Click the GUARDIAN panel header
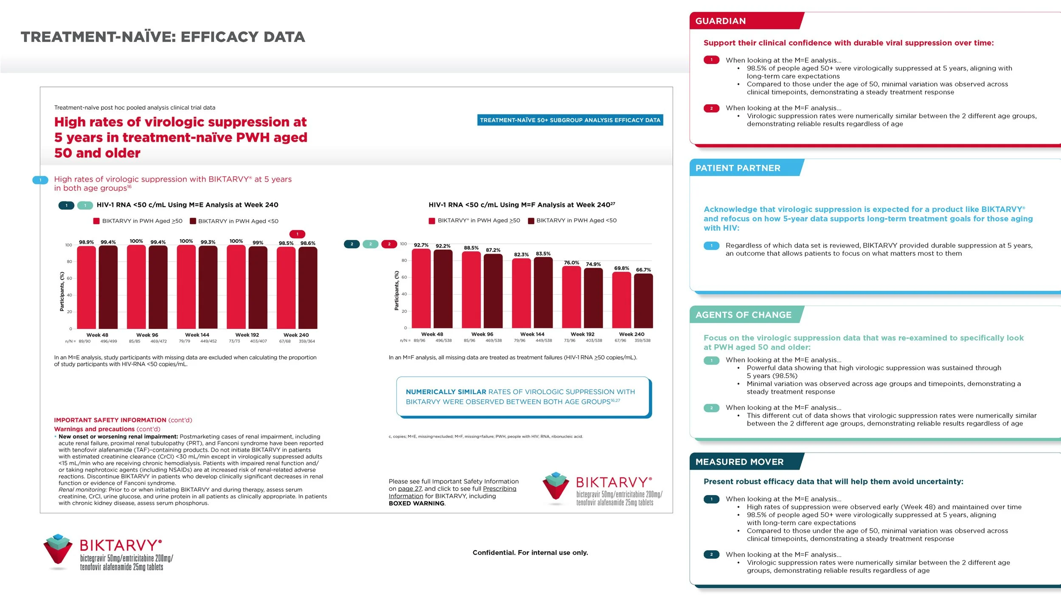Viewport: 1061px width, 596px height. (x=720, y=21)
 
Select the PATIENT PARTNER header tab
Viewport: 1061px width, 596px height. (x=738, y=168)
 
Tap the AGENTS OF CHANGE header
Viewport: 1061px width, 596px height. (x=743, y=315)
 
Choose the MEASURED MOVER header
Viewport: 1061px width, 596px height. (x=739, y=462)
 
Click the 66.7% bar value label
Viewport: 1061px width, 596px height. (x=643, y=270)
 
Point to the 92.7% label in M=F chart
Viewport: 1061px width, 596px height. (x=421, y=245)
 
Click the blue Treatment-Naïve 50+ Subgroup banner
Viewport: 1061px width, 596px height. (x=570, y=120)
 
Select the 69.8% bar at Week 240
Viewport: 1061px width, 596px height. (x=621, y=300)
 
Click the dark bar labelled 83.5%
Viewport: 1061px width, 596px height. (x=543, y=292)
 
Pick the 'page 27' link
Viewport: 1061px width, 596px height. (x=410, y=489)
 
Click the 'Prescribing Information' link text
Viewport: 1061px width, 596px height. (x=500, y=489)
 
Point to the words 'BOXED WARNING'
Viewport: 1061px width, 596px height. (x=416, y=504)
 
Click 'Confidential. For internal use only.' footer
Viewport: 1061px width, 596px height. (x=530, y=553)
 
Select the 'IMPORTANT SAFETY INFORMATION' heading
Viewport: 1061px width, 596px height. (x=110, y=420)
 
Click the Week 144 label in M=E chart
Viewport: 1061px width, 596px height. (x=197, y=335)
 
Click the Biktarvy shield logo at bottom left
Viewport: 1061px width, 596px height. (x=58, y=551)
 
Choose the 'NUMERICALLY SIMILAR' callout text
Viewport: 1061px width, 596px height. (x=446, y=392)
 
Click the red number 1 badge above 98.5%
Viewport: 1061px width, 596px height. (x=297, y=234)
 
